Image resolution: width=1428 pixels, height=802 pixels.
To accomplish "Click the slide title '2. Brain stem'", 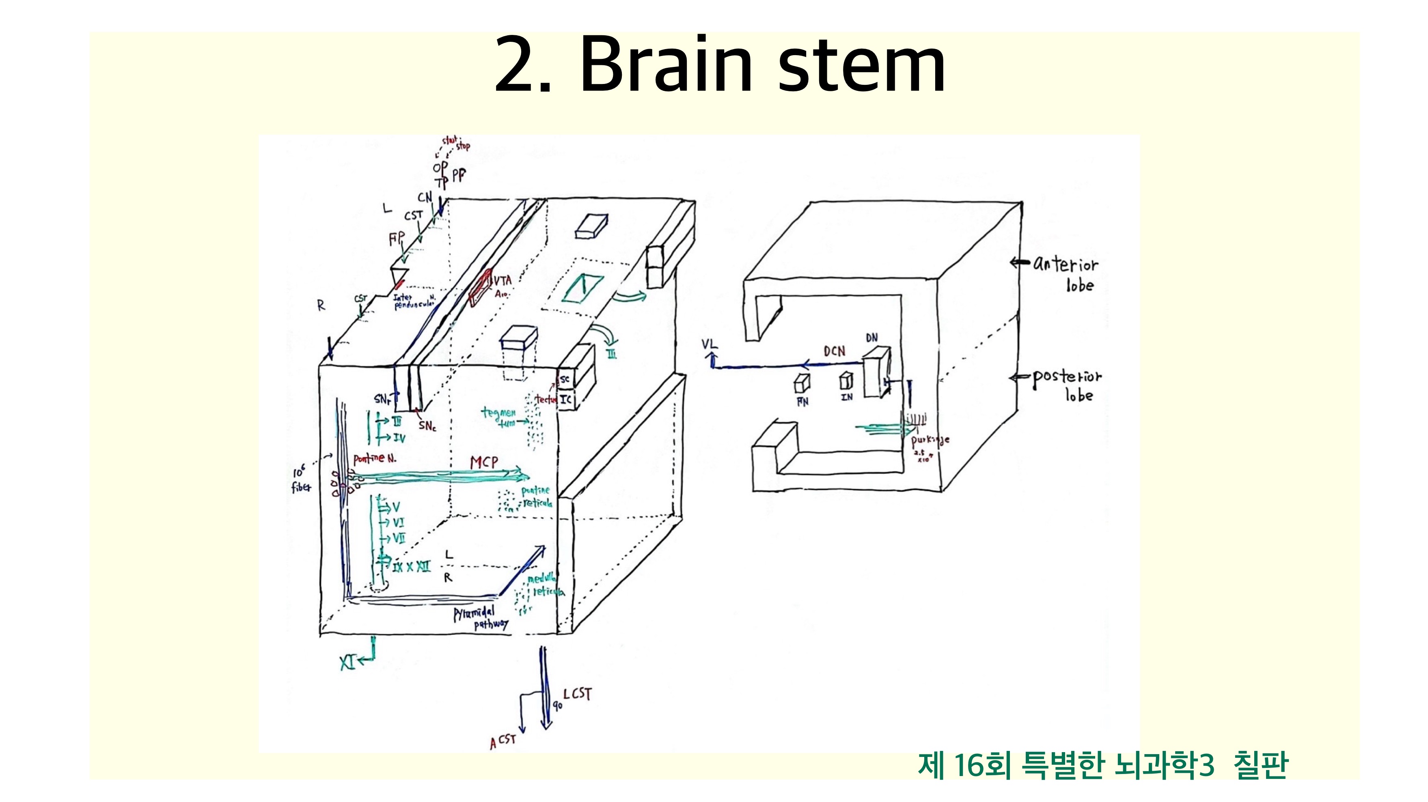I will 720,65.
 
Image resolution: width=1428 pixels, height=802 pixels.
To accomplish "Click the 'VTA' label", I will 502,281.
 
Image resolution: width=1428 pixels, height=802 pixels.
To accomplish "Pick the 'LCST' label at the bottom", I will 578,694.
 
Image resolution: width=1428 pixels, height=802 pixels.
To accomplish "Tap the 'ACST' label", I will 503,741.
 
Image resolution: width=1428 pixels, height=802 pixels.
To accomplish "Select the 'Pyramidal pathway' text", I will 479,619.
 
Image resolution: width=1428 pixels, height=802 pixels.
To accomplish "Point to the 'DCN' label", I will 834,351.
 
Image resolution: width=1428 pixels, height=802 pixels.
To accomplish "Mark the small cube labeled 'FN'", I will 802,383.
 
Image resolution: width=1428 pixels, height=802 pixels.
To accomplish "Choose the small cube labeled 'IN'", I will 846,381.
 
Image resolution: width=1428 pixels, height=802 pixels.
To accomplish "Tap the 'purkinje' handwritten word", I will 930,441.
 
